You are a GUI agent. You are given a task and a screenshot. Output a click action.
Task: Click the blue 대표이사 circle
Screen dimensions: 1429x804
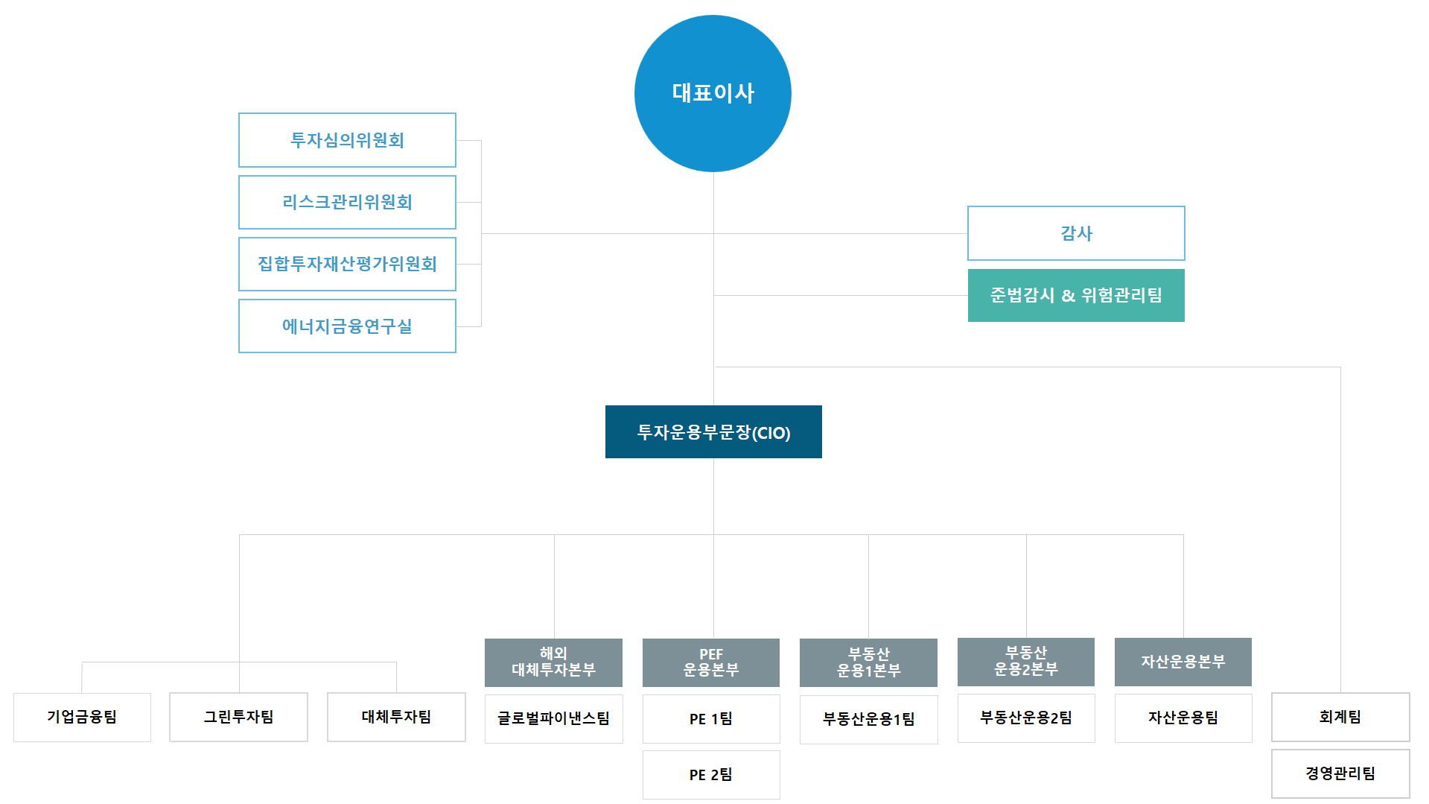pyautogui.click(x=713, y=93)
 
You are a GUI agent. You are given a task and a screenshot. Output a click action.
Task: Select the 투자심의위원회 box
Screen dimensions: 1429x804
pyautogui.click(x=347, y=140)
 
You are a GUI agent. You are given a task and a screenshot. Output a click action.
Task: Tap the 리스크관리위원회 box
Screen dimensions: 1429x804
pyautogui.click(x=347, y=202)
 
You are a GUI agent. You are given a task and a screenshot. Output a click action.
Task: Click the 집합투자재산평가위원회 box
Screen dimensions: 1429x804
pyautogui.click(x=347, y=264)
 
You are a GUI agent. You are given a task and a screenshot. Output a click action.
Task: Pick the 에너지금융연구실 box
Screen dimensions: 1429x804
pyautogui.click(x=347, y=326)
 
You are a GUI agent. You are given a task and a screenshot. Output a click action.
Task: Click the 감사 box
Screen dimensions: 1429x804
pyautogui.click(x=1076, y=233)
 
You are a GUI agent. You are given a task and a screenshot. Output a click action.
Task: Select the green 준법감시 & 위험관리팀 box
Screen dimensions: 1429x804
pyautogui.click(x=1076, y=295)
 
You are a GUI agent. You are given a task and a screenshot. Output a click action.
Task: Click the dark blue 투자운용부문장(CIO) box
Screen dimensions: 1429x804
pyautogui.click(x=713, y=432)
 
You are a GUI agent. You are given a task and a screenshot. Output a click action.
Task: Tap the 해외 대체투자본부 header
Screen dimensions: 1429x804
pyautogui.click(x=553, y=662)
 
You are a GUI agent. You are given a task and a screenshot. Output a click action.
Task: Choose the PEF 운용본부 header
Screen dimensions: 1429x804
pyautogui.click(x=711, y=662)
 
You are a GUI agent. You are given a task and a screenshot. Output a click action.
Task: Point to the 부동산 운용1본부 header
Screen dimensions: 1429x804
pyautogui.click(x=868, y=662)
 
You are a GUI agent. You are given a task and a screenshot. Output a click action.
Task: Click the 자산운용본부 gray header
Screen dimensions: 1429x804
pyautogui.click(x=1183, y=662)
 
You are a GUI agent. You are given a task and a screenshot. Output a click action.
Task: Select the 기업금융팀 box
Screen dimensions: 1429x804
pyautogui.click(x=82, y=717)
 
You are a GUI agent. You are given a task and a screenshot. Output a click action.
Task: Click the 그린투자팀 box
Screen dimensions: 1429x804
pyautogui.click(x=238, y=717)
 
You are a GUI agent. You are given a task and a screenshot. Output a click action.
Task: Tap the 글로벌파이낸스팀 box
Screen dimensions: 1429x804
pyautogui.click(x=553, y=719)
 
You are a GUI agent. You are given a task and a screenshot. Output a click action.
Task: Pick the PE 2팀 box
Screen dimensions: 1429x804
pyautogui.click(x=711, y=775)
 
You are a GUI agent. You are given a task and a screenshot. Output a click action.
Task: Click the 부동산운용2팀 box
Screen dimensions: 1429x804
pyautogui.click(x=1026, y=718)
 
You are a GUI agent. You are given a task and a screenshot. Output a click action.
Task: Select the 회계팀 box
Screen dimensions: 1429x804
pyautogui.click(x=1340, y=717)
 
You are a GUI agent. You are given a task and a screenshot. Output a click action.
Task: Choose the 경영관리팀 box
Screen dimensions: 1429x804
pyautogui.click(x=1340, y=773)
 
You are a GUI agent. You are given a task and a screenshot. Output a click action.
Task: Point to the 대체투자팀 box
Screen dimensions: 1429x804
pyautogui.click(x=396, y=717)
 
